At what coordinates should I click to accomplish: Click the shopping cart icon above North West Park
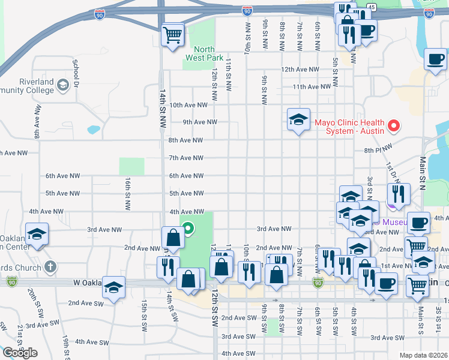[172, 34]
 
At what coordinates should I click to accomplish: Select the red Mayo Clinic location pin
[394, 126]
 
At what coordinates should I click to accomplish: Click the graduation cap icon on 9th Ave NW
[298, 119]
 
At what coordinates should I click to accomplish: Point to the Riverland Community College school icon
[62, 86]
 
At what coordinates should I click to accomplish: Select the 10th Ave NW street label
[188, 104]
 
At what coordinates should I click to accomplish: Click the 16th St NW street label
[128, 193]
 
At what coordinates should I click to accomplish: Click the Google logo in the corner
[20, 352]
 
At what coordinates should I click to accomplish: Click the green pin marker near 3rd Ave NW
[187, 228]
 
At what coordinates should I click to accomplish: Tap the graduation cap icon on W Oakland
[113, 286]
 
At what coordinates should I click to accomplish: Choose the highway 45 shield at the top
[372, 7]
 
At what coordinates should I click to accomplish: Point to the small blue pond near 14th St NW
[93, 129]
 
